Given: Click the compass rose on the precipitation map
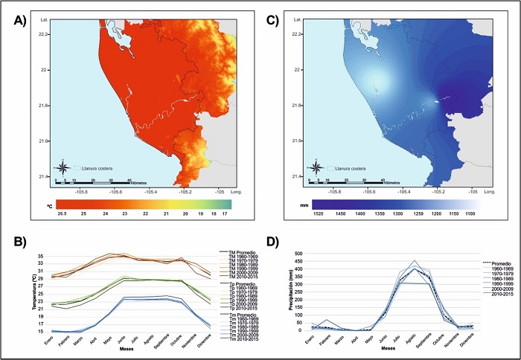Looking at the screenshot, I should pyautogui.click(x=316, y=167).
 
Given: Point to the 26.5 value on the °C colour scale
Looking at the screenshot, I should pyautogui.click(x=54, y=213).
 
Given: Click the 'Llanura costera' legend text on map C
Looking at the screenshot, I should pyautogui.click(x=344, y=170).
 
